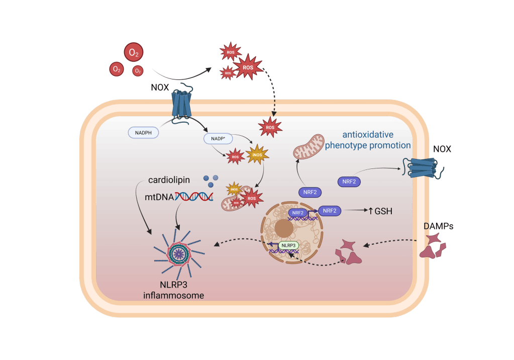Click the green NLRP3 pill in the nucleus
click(x=288, y=245)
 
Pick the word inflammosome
click(x=173, y=296)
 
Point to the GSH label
click(x=383, y=211)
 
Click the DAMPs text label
click(x=438, y=227)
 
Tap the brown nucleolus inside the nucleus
click(x=284, y=230)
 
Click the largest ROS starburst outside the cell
click(x=248, y=67)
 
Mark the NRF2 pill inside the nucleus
click(x=298, y=213)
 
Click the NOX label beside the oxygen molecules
click(x=160, y=87)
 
